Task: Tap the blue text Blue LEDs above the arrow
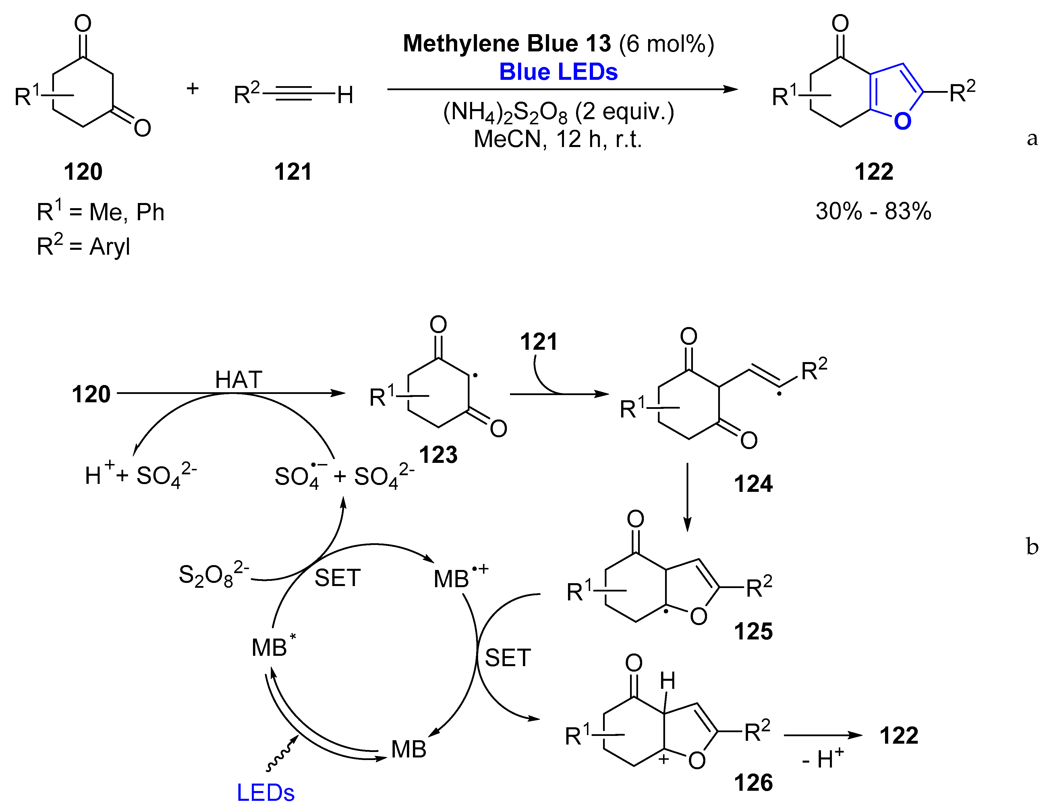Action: [x=558, y=72]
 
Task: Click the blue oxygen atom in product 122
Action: [x=903, y=121]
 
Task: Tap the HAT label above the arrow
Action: [x=238, y=380]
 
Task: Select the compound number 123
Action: [x=438, y=454]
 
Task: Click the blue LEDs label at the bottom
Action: [x=266, y=793]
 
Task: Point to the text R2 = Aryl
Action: [x=83, y=246]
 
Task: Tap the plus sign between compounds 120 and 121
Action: [x=193, y=88]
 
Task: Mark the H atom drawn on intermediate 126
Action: [x=667, y=681]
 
